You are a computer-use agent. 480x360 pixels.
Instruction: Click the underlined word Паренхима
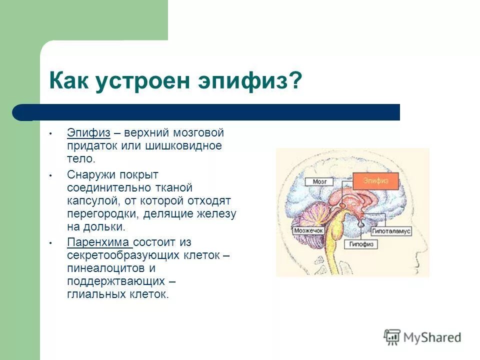coord(98,242)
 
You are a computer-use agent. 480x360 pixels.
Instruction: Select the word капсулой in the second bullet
coord(89,200)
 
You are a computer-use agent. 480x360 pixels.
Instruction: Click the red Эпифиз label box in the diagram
coord(375,181)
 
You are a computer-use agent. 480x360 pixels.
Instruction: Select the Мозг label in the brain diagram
coord(319,182)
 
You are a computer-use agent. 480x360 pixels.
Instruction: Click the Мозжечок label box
coord(308,231)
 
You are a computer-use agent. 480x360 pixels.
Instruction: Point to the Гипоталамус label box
coord(390,232)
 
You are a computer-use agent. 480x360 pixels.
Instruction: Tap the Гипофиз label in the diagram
coord(360,244)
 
